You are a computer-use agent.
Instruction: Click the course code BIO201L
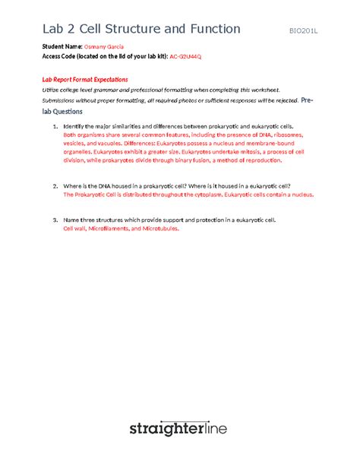(307, 30)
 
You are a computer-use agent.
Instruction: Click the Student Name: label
(62, 47)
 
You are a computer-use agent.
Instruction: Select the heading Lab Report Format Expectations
(84, 79)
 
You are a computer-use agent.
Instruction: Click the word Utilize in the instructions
(52, 89)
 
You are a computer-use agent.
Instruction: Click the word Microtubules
(156, 228)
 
